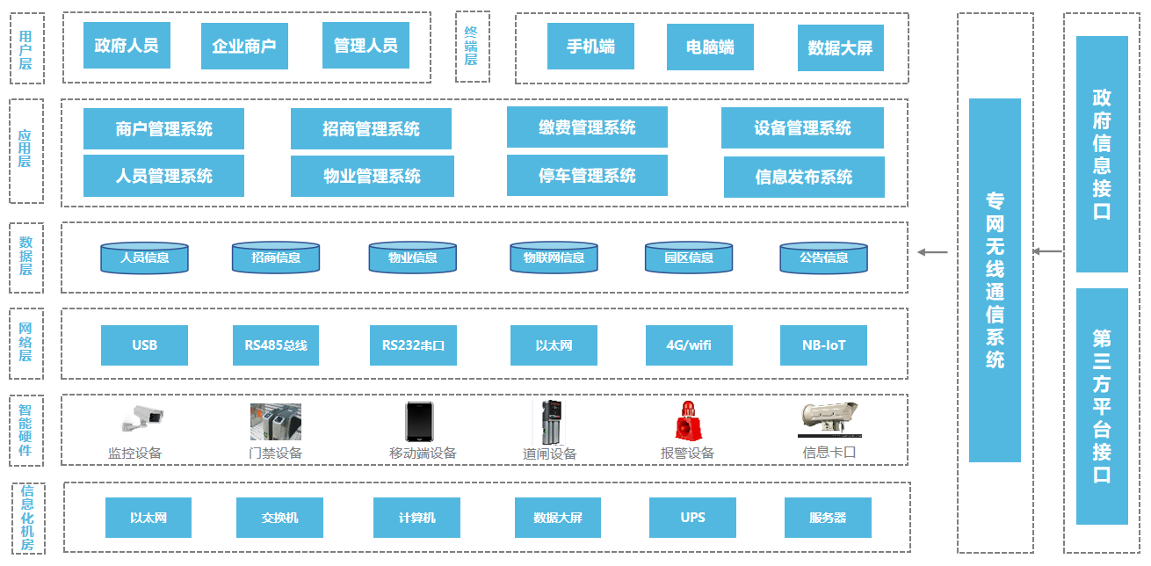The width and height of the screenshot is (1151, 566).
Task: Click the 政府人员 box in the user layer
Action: pos(127,45)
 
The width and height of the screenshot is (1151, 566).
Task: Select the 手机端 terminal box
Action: pos(590,46)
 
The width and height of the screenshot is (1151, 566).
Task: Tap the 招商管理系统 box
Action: pos(371,129)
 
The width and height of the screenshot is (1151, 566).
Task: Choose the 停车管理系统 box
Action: pos(587,176)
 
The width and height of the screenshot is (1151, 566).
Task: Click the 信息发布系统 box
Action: pos(804,177)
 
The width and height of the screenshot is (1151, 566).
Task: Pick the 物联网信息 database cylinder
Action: pos(554,258)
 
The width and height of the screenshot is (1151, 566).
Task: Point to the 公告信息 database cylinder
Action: pos(823,258)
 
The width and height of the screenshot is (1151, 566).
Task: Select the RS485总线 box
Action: pos(276,345)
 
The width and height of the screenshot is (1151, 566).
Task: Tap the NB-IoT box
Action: pos(823,345)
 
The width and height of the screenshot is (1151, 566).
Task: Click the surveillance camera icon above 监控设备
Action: pos(141,420)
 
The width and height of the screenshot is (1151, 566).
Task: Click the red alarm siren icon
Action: pos(685,421)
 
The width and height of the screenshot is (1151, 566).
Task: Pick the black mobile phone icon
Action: pos(418,422)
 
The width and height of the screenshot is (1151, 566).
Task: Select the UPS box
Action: pos(692,518)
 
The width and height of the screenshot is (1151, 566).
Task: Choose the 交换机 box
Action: pos(279,518)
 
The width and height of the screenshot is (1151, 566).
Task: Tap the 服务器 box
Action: pos(828,518)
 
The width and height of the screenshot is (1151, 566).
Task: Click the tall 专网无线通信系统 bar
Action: pos(995,279)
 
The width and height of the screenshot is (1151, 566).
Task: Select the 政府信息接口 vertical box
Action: pos(1102,154)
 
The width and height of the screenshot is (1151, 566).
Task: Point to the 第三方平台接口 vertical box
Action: pos(1102,406)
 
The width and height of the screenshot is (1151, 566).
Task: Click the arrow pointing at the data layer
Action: pos(932,252)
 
